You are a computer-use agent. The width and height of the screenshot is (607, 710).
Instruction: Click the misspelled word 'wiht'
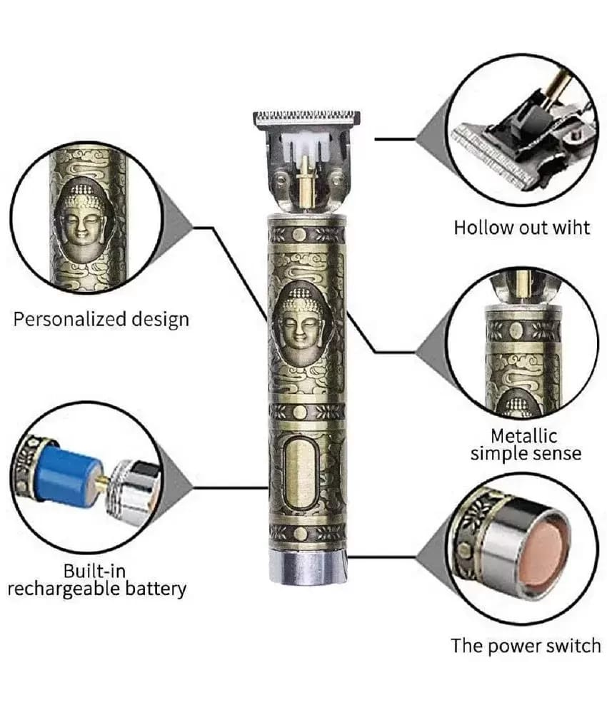(569, 228)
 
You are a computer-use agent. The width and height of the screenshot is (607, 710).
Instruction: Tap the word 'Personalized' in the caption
(69, 320)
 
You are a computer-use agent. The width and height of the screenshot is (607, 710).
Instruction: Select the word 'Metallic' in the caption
(523, 435)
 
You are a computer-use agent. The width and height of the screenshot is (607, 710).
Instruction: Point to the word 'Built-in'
(94, 571)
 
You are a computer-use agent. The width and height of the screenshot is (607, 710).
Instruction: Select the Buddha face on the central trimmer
(299, 320)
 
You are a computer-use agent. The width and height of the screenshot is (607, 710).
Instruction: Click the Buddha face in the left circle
(82, 218)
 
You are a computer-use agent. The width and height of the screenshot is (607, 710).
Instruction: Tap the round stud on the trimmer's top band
(299, 235)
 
